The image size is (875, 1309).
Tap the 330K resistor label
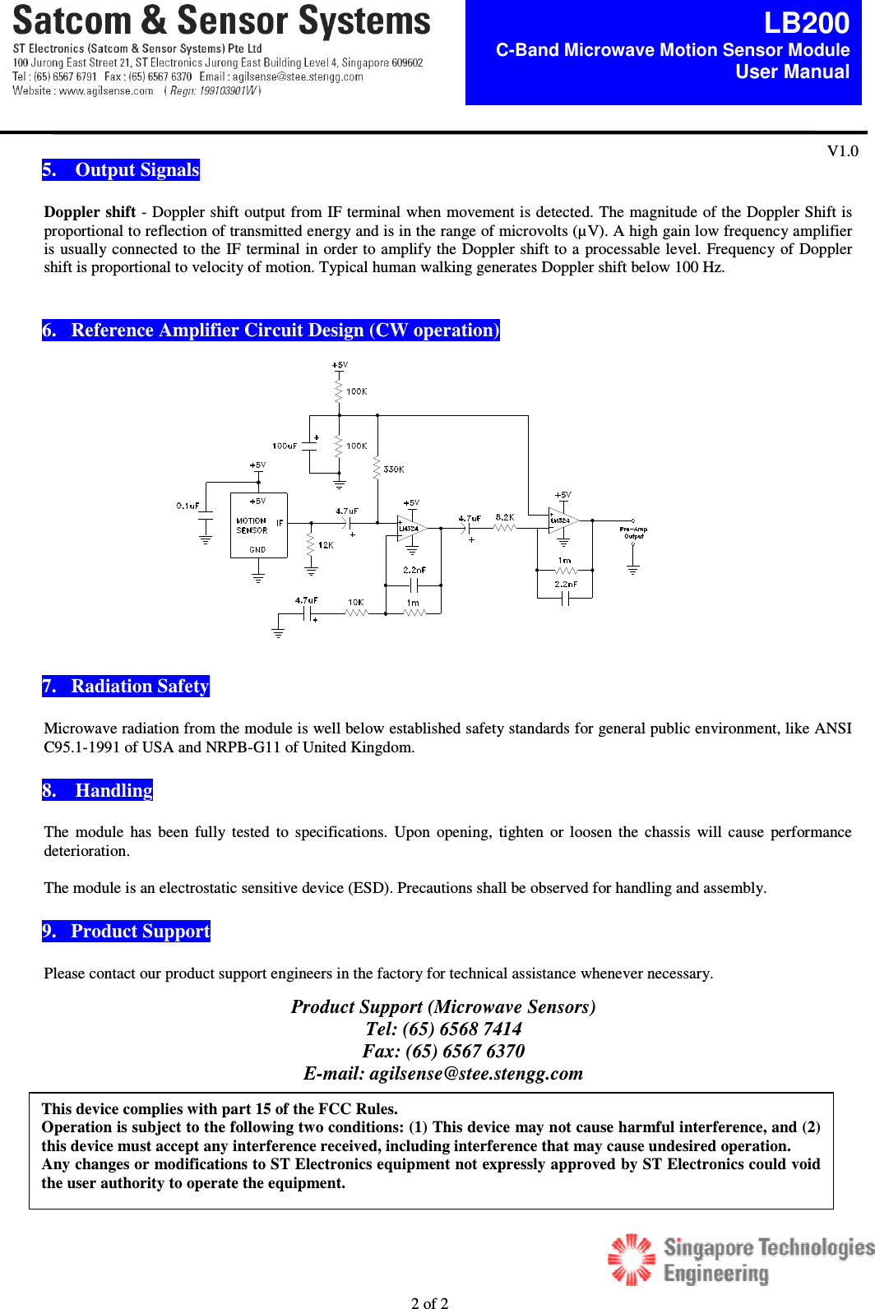[x=393, y=469]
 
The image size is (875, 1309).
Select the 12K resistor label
[x=326, y=545]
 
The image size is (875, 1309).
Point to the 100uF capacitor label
[x=285, y=446]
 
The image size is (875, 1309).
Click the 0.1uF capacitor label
[x=187, y=506]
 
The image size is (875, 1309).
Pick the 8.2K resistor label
[x=504, y=517]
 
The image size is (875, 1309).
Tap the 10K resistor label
[x=355, y=602]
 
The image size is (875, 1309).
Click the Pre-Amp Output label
[x=633, y=533]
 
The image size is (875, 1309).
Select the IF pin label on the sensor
[x=280, y=522]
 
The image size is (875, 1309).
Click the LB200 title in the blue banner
[x=806, y=23]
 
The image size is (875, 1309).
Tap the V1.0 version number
[x=842, y=150]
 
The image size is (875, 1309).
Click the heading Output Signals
[x=121, y=170]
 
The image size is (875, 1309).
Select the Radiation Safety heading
[x=126, y=687]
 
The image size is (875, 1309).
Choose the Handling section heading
[x=98, y=791]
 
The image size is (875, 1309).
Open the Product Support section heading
[x=127, y=932]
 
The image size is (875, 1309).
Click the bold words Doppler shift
[x=90, y=212]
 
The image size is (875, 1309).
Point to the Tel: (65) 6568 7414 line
[x=443, y=1029]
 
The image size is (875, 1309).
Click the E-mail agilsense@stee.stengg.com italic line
[x=443, y=1074]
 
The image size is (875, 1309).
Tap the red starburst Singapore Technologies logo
[x=631, y=1258]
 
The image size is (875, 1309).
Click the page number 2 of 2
[x=429, y=1302]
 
